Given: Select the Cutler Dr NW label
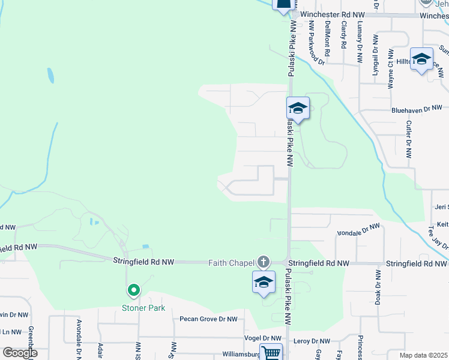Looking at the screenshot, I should (x=408, y=139).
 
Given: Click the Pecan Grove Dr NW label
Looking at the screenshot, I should (x=208, y=319).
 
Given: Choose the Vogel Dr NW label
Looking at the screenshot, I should (x=262, y=339).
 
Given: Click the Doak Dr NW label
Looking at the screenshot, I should (x=378, y=288).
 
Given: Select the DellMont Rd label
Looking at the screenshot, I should (x=327, y=35).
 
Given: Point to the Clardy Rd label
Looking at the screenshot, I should (x=343, y=35).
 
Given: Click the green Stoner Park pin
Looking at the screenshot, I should (x=133, y=290).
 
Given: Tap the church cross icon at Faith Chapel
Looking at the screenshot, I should (x=263, y=262).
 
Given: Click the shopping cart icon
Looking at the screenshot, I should (x=271, y=353).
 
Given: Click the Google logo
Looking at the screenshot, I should (x=19, y=353).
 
